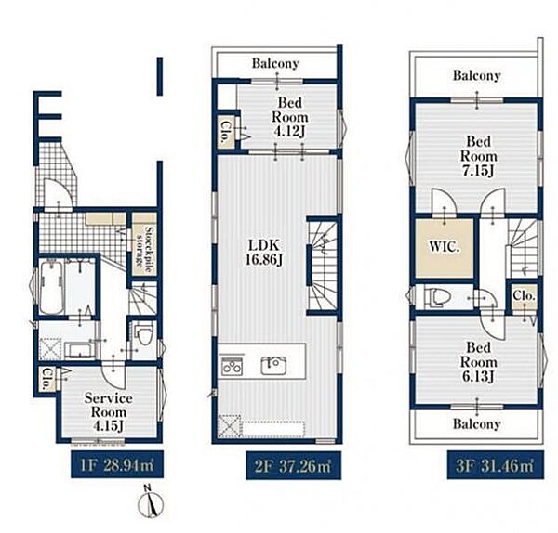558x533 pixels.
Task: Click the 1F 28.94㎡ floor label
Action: pyautogui.click(x=117, y=465)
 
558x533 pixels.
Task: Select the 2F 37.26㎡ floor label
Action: pyautogui.click(x=293, y=466)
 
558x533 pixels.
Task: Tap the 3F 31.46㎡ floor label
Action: pyautogui.click(x=495, y=465)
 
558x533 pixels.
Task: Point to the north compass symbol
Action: pyautogui.click(x=151, y=502)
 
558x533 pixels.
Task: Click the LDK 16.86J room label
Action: pyautogui.click(x=264, y=253)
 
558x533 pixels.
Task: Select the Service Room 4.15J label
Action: pyautogui.click(x=109, y=412)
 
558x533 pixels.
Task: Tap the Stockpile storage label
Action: pyautogui.click(x=144, y=245)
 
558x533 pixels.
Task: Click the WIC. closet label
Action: pyautogui.click(x=445, y=247)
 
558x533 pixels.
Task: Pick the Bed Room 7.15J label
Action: pyautogui.click(x=478, y=156)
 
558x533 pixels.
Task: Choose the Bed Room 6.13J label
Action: pyautogui.click(x=478, y=362)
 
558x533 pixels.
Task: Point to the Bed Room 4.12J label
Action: pyautogui.click(x=289, y=117)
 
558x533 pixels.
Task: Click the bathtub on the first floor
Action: pyautogui.click(x=51, y=287)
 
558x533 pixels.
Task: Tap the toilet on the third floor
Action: pyautogui.click(x=436, y=298)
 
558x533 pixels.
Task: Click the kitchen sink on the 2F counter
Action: pyautogui.click(x=273, y=365)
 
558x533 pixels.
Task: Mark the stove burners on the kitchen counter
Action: pyautogui.click(x=232, y=366)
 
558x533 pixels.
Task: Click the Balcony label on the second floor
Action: pyautogui.click(x=275, y=64)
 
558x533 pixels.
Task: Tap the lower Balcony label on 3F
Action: pyautogui.click(x=476, y=424)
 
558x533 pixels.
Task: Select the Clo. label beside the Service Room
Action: pyautogui.click(x=46, y=379)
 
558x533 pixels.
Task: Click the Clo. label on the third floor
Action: pyautogui.click(x=525, y=295)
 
